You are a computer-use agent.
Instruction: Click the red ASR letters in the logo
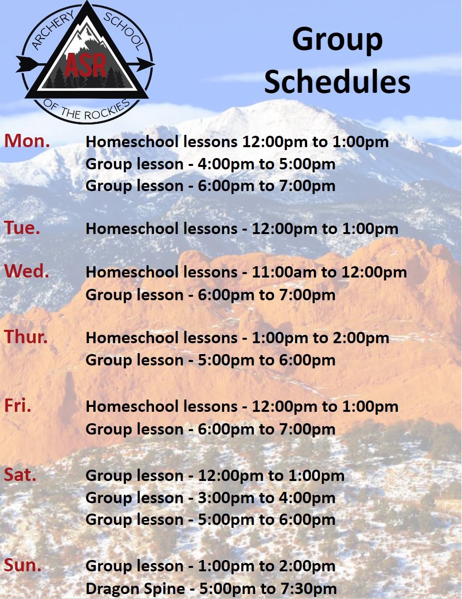coord(86,65)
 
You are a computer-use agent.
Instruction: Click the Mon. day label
coord(27,141)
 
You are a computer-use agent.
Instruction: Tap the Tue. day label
coord(22,228)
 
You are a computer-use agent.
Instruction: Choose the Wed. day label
coord(27,271)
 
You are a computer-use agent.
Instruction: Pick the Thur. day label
coord(26,337)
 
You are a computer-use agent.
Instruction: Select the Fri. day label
coord(18,405)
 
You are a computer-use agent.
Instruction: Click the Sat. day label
coord(20,475)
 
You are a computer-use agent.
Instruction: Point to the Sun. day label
coord(23,557)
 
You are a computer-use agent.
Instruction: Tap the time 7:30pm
coord(308,580)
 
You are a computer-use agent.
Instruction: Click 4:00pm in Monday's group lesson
coord(226,164)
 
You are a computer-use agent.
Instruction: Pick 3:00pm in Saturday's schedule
coord(226,498)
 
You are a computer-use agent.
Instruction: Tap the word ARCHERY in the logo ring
coord(53,30)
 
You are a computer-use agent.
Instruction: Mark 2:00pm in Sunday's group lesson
coord(308,558)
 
